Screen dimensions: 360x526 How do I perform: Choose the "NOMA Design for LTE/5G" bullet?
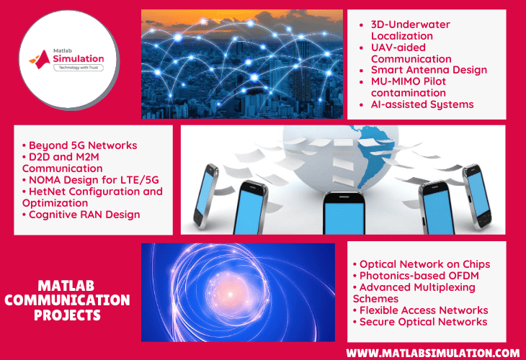pyautogui.click(x=86, y=180)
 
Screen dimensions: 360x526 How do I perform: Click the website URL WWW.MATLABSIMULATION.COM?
pyautogui.click(x=432, y=353)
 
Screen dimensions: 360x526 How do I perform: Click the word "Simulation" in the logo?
pyautogui.click(x=75, y=59)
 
